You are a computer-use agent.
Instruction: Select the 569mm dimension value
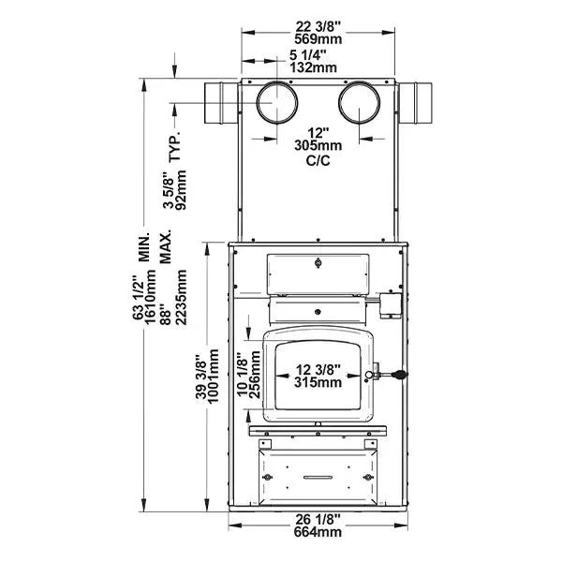click(318, 39)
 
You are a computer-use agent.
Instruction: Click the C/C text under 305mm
click(318, 161)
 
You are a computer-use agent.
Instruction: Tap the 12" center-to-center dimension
click(318, 132)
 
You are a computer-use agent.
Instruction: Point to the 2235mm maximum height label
click(182, 295)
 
